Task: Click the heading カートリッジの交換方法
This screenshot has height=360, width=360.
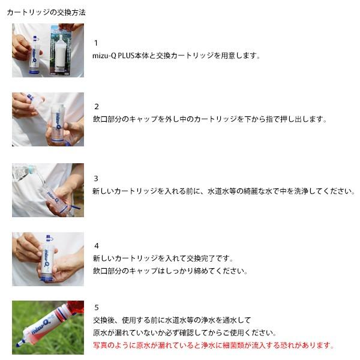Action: tap(46, 12)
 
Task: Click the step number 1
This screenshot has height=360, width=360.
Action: tap(96, 43)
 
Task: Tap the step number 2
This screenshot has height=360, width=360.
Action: tap(97, 107)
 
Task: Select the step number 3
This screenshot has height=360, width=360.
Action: tap(96, 178)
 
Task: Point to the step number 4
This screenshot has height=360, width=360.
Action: tap(97, 246)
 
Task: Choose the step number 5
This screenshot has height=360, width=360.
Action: tap(97, 307)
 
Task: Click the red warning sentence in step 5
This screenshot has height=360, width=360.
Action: tap(213, 345)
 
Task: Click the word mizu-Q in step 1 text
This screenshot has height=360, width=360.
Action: tap(104, 56)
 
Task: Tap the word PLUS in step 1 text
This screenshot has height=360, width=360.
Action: tap(126, 56)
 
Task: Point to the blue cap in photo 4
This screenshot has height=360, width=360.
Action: tap(49, 238)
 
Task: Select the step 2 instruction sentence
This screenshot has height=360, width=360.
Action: tap(209, 119)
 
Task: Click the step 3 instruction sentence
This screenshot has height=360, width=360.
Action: tap(224, 191)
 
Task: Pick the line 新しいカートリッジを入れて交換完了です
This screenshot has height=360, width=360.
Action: tap(163, 259)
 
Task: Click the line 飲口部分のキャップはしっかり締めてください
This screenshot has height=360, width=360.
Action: tap(170, 271)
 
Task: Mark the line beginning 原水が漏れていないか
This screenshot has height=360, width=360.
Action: tap(185, 332)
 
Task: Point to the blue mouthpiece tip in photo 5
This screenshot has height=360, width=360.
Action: tap(19, 344)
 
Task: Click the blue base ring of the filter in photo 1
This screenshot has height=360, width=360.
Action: tap(34, 72)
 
